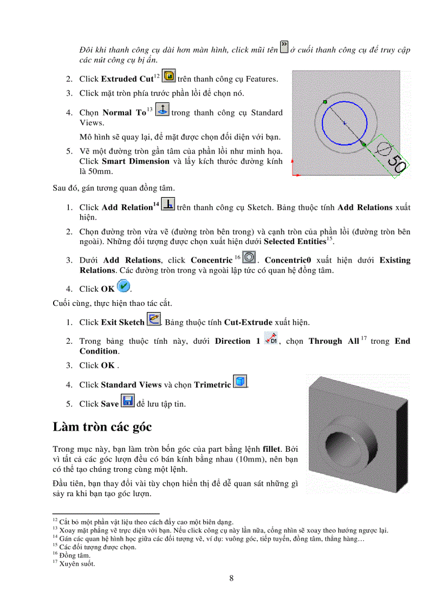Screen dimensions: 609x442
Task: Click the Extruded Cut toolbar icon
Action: click(169, 77)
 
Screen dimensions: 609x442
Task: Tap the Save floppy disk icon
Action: click(127, 401)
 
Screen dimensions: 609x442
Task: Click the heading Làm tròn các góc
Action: click(102, 426)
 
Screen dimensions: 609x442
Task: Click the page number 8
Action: click(231, 578)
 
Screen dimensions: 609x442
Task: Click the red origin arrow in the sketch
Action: click(295, 175)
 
